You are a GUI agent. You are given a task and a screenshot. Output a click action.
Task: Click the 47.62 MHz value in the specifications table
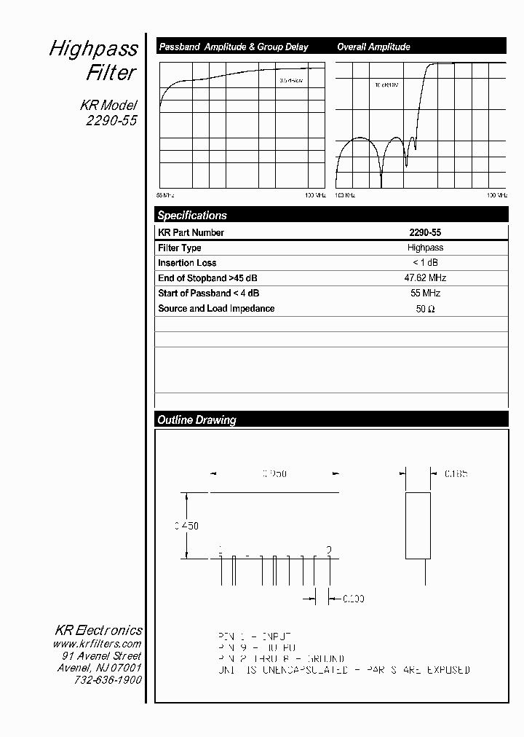coord(425,278)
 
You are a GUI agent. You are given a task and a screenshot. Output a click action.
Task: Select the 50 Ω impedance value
coord(425,309)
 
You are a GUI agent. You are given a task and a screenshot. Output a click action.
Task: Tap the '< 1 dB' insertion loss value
coord(425,263)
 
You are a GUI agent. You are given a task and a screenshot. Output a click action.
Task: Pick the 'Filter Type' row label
coord(179,248)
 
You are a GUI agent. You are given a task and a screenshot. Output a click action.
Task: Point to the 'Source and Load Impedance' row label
coord(216,309)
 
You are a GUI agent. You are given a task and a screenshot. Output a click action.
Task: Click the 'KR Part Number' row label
coord(191,233)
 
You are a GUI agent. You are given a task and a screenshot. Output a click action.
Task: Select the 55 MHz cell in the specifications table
coord(425,293)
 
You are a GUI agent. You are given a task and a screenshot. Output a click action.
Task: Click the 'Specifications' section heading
coord(192,216)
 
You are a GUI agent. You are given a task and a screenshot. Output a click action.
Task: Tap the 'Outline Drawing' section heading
coord(196,420)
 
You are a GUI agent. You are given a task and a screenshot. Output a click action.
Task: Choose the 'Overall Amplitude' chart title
coord(373,47)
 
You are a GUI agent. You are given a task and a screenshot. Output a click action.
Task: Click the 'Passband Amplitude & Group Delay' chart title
coord(233,47)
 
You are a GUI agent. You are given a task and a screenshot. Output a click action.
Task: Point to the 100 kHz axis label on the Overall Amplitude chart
coord(345,196)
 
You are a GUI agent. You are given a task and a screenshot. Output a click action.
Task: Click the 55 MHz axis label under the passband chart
coord(165,196)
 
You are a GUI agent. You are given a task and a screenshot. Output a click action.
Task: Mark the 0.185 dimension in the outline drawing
coord(456,473)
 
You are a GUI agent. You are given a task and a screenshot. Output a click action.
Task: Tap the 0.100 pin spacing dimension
coord(353,599)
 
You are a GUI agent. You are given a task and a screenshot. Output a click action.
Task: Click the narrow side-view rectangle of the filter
coord(418,526)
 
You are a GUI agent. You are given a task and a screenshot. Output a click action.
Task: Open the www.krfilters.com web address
coord(97,644)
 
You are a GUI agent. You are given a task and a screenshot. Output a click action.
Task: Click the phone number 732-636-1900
coord(108,679)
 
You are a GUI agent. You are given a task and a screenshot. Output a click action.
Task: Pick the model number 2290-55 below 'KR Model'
coord(111,122)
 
